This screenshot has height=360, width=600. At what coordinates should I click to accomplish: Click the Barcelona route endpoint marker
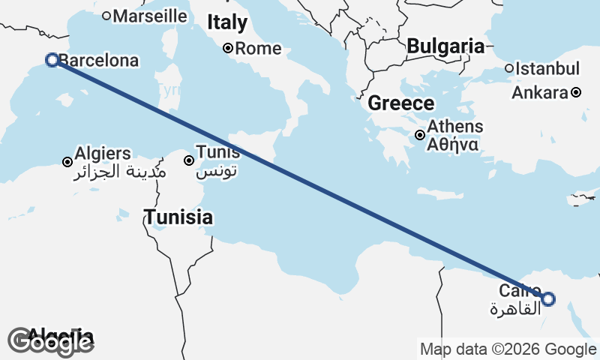click(52, 60)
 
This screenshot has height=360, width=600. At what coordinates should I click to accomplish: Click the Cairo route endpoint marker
click(548, 299)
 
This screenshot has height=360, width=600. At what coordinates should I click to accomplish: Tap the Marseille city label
click(151, 15)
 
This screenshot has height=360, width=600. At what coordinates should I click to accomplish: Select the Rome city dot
click(228, 49)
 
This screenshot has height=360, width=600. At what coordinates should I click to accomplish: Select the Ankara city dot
click(575, 93)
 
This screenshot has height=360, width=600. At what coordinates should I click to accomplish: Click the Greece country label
click(400, 104)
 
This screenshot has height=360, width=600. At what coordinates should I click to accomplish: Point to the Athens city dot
click(421, 136)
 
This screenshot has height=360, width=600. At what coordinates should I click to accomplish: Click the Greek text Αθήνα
click(454, 145)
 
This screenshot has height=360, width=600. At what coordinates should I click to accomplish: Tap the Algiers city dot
click(67, 161)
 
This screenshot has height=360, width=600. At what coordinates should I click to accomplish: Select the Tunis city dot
click(189, 160)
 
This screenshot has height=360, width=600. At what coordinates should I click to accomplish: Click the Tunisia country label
click(178, 218)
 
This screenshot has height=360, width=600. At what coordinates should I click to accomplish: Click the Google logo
click(50, 342)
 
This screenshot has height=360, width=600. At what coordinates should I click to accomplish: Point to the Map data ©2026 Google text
click(508, 349)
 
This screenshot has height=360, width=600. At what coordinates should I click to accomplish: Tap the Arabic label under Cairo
click(514, 309)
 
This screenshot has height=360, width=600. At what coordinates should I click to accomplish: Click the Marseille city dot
click(106, 15)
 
